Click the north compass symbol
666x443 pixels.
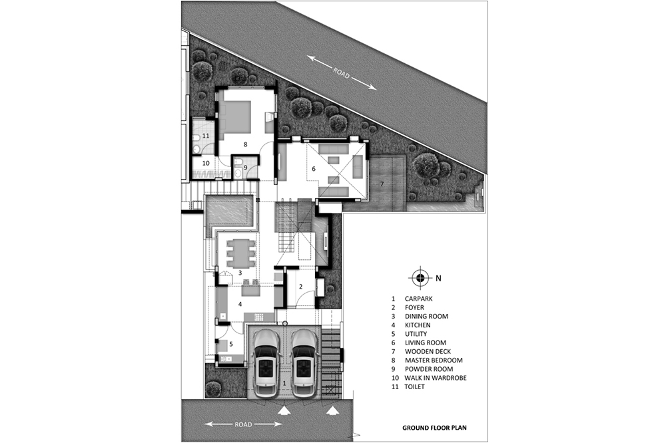420,278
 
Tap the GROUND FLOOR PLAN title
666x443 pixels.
434,428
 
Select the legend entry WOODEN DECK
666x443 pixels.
428,351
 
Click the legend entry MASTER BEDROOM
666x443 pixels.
434,361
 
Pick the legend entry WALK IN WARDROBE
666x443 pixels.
436,378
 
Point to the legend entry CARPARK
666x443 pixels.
418,299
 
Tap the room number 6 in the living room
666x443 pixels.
314,169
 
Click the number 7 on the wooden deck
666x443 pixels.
382,184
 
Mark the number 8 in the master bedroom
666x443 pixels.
245,144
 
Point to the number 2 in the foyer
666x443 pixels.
301,287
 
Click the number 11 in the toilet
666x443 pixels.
206,136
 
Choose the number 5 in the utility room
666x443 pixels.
231,344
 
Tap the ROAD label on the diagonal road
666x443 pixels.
342,73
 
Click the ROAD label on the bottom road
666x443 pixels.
243,424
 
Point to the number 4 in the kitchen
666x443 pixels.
240,304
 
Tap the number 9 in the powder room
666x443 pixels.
245,168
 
